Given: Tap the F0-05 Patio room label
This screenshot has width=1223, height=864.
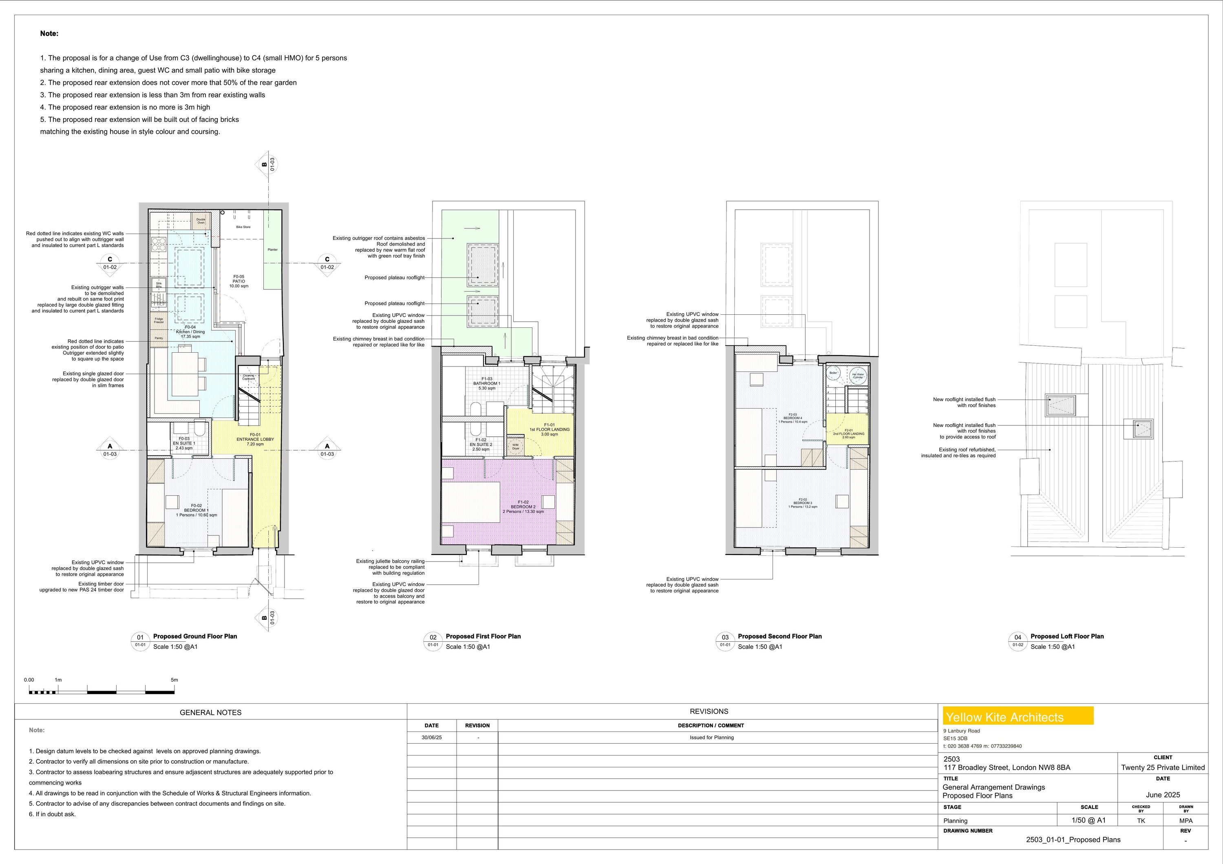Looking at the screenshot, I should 238,281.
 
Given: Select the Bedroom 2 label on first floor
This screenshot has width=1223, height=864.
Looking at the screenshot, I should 523,506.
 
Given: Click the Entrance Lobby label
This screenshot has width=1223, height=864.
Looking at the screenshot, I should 255,440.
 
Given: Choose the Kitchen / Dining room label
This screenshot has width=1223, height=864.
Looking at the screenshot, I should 190,332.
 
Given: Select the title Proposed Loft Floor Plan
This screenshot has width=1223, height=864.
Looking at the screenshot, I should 1067,636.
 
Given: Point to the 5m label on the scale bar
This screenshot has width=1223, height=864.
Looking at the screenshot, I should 174,680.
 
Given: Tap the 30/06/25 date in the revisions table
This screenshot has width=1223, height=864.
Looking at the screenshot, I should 431,738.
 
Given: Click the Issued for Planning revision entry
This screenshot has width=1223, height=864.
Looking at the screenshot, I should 712,738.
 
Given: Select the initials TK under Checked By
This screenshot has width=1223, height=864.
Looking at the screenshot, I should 1141,821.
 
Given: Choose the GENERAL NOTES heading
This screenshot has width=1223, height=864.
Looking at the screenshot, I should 210,712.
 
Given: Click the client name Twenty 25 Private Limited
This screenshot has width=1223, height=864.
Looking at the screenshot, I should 1163,768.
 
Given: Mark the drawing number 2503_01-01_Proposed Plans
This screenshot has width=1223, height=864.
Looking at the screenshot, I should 1073,840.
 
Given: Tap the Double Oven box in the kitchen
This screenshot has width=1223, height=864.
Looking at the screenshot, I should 201,221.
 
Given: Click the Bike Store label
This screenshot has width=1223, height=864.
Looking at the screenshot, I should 243,227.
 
